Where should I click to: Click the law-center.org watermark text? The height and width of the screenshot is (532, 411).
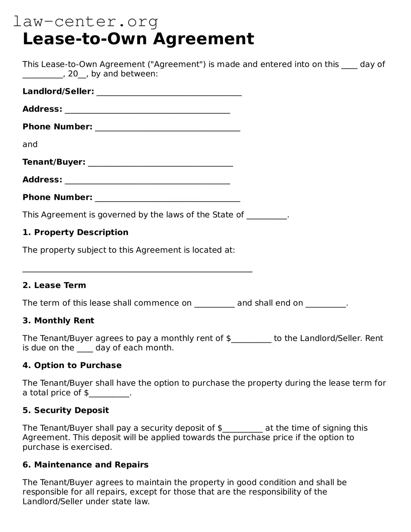point(86,22)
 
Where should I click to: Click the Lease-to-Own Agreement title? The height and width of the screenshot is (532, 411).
point(138,39)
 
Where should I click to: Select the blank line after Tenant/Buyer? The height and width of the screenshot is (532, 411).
point(160,164)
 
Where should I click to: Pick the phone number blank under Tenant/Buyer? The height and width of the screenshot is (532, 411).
point(167,199)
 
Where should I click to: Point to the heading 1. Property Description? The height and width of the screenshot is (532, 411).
point(75,232)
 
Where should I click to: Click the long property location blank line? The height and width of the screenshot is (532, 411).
point(137,270)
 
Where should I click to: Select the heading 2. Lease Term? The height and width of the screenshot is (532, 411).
point(54,285)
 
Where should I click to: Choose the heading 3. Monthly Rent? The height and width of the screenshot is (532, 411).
point(58,320)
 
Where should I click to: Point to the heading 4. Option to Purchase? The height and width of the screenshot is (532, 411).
point(72,365)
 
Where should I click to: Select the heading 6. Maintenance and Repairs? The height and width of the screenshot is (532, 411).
point(86,465)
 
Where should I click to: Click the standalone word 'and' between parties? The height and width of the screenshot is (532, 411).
point(30,144)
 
